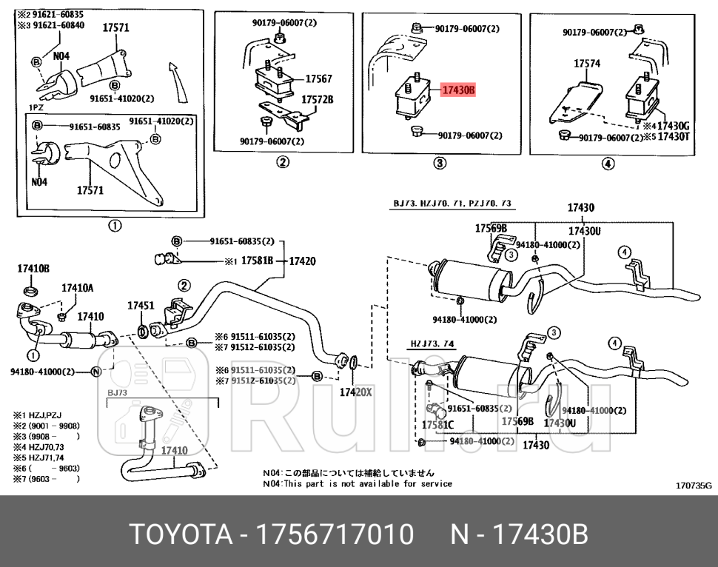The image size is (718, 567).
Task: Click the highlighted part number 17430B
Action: coord(457,90)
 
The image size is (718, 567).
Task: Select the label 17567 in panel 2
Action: coord(318,79)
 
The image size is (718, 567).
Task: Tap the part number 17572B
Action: coord(317,98)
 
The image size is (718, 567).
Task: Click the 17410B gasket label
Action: coord(33,269)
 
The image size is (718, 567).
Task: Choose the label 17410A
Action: coord(78,288)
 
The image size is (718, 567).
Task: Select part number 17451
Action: coord(141,305)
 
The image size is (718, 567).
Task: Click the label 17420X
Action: coord(355,392)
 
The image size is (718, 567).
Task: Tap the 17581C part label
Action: coord(437,426)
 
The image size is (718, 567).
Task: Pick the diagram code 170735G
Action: coord(693,486)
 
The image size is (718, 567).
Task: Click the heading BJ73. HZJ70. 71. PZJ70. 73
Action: coord(452,204)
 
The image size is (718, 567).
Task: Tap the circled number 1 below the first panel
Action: coord(115,226)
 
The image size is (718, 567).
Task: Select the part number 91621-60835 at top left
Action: coord(50,14)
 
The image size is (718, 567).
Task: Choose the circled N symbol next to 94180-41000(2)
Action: coord(95,372)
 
